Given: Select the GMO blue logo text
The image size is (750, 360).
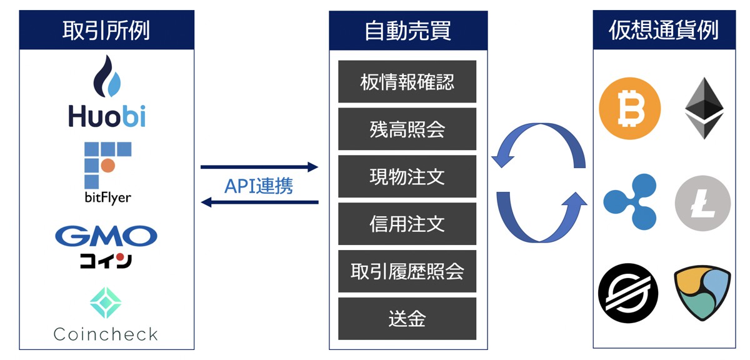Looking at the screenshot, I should [x=106, y=236].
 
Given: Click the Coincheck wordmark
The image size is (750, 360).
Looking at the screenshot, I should [x=106, y=334].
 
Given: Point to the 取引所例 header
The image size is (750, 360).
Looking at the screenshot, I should [x=106, y=30].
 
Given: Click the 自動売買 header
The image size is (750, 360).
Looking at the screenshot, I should [x=407, y=30].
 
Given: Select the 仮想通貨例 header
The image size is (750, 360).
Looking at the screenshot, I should [x=664, y=30].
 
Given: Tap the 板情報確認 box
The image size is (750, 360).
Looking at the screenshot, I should [x=407, y=82].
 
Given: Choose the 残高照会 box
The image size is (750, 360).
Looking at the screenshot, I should [x=407, y=129].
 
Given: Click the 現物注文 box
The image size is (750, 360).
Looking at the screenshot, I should [x=407, y=177].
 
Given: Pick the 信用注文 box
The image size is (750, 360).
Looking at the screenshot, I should [x=407, y=224].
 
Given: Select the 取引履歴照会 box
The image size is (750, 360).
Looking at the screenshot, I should [x=407, y=271].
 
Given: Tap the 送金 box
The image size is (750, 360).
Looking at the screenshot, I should [x=407, y=319].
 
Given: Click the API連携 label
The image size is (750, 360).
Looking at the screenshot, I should [x=259, y=186].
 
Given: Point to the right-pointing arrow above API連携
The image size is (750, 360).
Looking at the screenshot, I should [x=259, y=167].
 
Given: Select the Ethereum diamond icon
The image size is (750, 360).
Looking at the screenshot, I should [x=704, y=107].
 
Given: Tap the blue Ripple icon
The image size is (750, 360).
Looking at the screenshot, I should [x=629, y=202].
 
